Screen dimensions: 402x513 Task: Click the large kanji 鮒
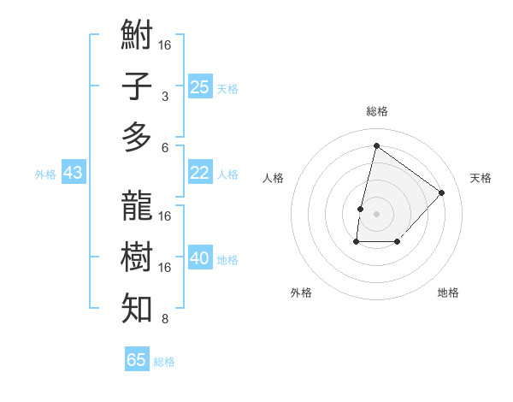(x=138, y=37)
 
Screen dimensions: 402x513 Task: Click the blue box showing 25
(x=200, y=86)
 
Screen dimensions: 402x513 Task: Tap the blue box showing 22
(x=200, y=173)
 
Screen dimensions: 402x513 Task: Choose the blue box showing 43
(x=74, y=173)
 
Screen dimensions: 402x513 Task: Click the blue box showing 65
(x=137, y=360)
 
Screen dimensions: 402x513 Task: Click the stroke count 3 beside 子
(x=165, y=97)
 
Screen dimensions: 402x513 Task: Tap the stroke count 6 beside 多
(x=165, y=147)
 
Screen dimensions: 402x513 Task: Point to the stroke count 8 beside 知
(x=165, y=320)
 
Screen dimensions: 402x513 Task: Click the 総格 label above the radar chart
(x=376, y=111)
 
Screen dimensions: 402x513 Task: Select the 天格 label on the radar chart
(x=481, y=178)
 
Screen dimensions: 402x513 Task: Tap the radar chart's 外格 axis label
(x=301, y=293)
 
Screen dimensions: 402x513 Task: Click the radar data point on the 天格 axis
(x=442, y=192)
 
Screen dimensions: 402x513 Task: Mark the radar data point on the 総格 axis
(x=376, y=145)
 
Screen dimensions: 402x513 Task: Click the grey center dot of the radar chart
(x=376, y=214)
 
